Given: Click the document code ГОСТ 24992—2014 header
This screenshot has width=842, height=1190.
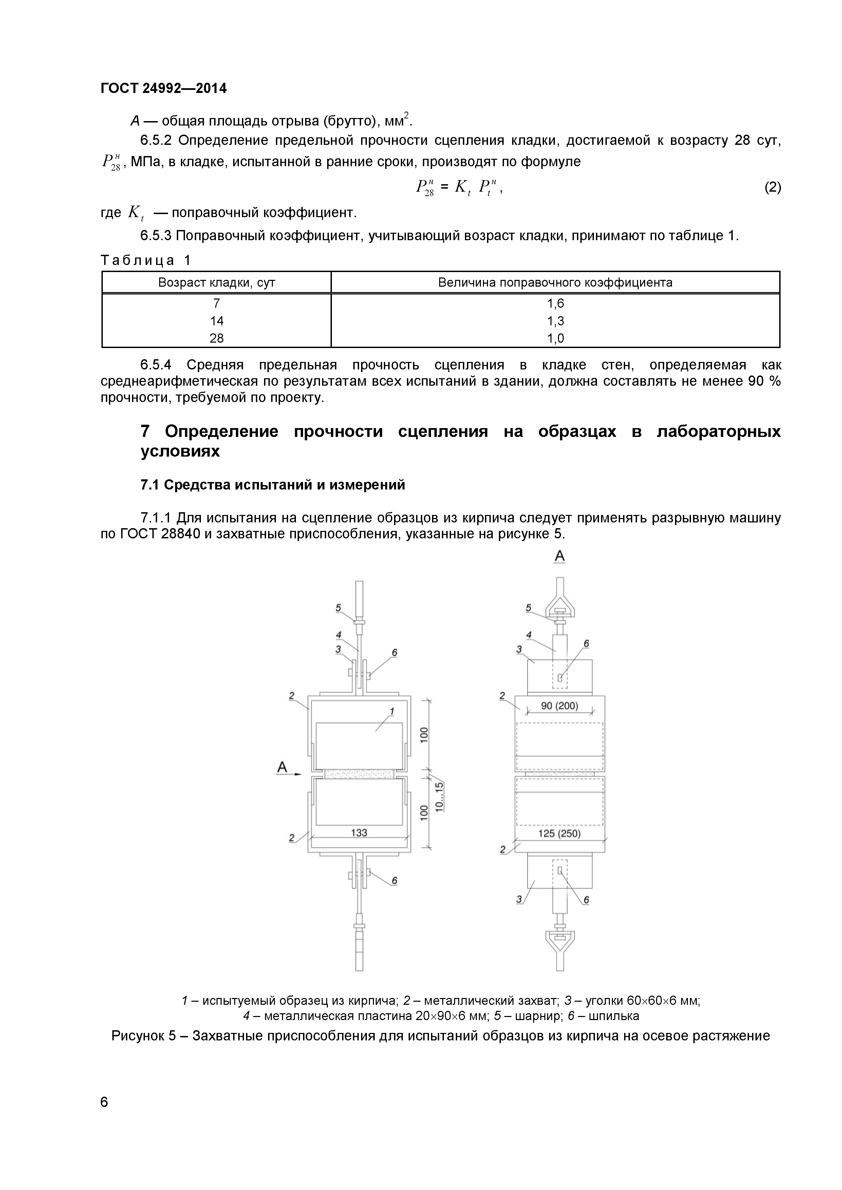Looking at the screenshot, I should [x=163, y=89].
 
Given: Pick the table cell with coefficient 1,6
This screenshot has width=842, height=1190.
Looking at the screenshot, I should [x=555, y=304].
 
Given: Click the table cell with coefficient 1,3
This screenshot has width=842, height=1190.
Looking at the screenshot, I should [x=555, y=321].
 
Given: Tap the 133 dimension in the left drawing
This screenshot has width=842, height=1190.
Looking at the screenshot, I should [x=359, y=832].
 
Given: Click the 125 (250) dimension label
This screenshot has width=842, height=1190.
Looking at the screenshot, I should [x=559, y=833].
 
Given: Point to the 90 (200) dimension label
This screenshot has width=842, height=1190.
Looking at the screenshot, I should [x=559, y=706].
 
